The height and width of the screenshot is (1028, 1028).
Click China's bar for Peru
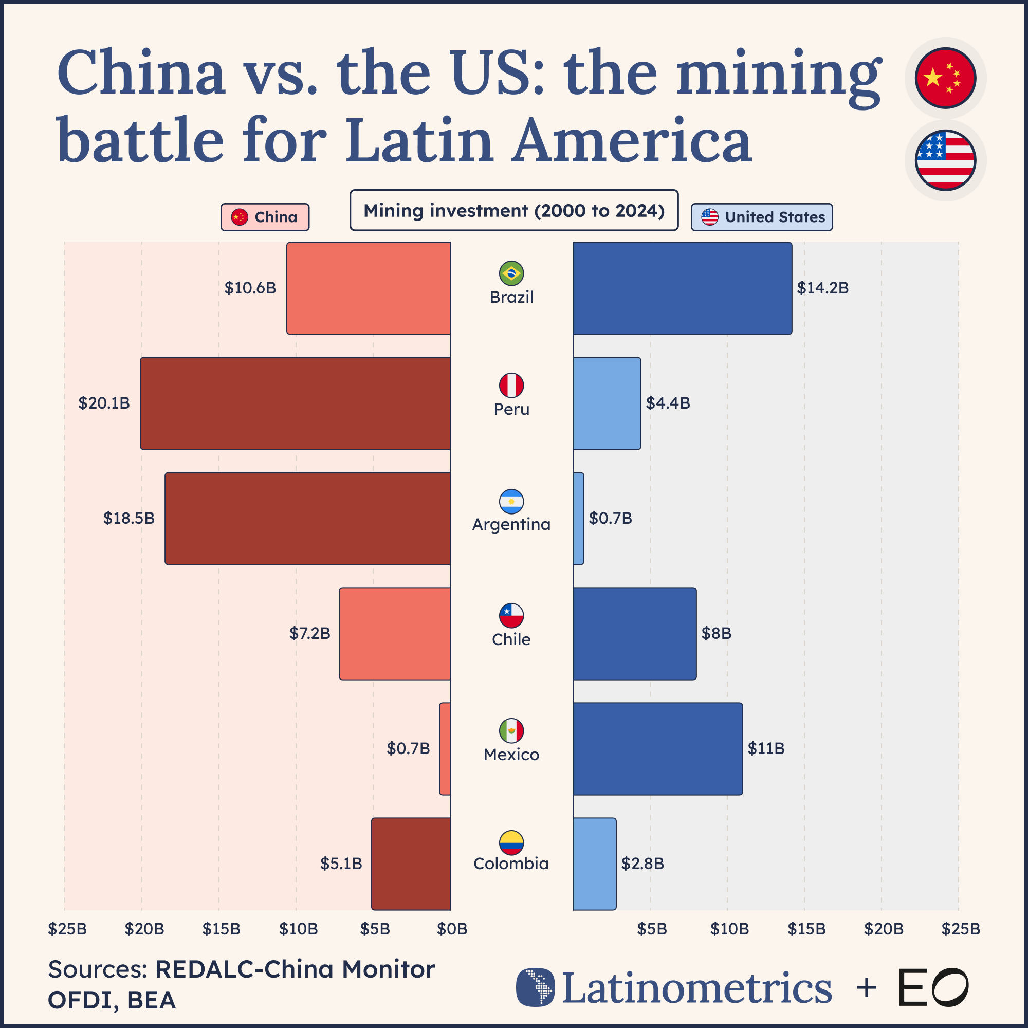pyautogui.click(x=296, y=403)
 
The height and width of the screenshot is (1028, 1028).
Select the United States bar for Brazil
pyautogui.click(x=682, y=288)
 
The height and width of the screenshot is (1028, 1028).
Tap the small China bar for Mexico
pyautogui.click(x=445, y=749)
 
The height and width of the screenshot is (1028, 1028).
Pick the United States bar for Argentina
pyautogui.click(x=578, y=518)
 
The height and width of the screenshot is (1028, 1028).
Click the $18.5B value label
pyautogui.click(x=129, y=518)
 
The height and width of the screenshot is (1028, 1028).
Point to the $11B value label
pyautogui.click(x=766, y=749)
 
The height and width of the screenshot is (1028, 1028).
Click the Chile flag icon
pyautogui.click(x=511, y=616)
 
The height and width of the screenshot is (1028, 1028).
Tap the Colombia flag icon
pyautogui.click(x=511, y=842)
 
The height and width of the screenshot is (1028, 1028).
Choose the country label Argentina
pyautogui.click(x=511, y=525)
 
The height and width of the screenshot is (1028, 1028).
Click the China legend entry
pyautogui.click(x=265, y=217)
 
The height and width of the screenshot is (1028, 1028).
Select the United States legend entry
pyautogui.click(x=761, y=217)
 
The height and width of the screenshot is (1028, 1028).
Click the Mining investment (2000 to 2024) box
pyautogui.click(x=514, y=211)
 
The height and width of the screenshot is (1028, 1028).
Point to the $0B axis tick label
pyautogui.click(x=452, y=929)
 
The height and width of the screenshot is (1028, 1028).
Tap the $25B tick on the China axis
pyautogui.click(x=67, y=929)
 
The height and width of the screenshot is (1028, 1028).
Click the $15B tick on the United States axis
pyautogui.click(x=806, y=929)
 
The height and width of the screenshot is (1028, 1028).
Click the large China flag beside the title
pyautogui.click(x=945, y=78)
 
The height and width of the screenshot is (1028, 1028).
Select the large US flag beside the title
pyautogui.click(x=945, y=160)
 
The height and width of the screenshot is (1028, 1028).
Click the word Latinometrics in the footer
pyautogui.click(x=696, y=987)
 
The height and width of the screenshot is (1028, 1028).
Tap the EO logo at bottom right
pyautogui.click(x=933, y=987)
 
